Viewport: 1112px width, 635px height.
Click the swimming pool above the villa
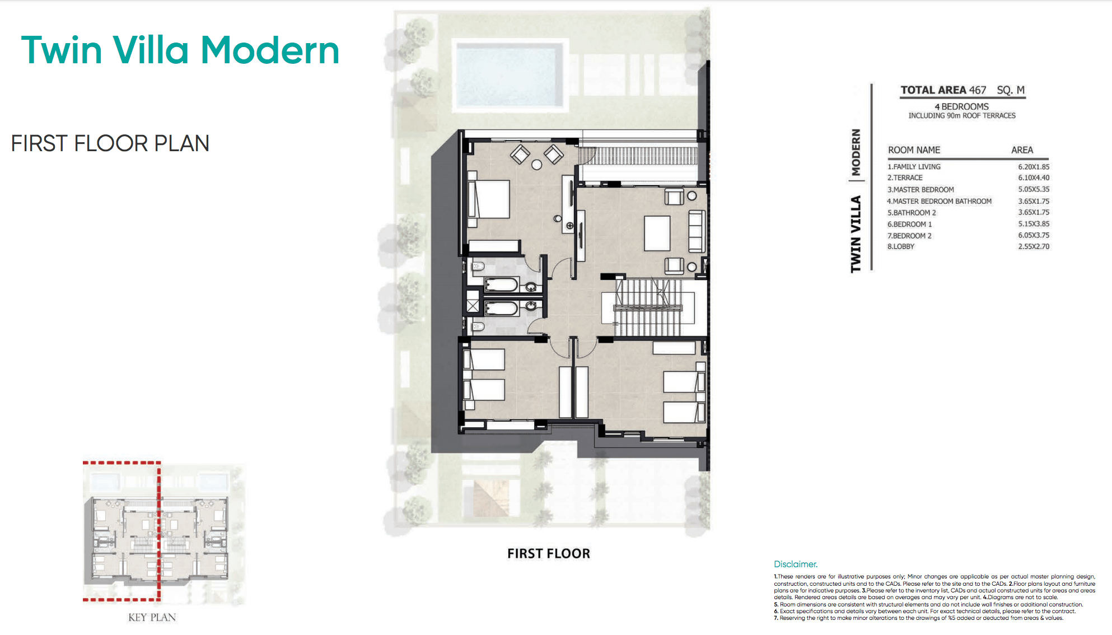(509, 74)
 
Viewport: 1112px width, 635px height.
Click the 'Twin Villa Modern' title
(180, 50)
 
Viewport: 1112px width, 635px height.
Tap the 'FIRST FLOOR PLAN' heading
(110, 143)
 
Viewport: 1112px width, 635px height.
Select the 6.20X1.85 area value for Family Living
(1033, 167)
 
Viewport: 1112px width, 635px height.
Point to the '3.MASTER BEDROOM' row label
(920, 190)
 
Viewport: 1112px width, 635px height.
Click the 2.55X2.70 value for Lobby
(1033, 246)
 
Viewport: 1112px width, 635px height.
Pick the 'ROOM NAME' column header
(914, 150)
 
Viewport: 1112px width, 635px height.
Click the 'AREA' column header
(1022, 150)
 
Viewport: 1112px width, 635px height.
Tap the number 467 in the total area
(978, 90)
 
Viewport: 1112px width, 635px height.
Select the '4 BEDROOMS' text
(961, 106)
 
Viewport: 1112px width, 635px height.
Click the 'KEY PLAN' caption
(152, 617)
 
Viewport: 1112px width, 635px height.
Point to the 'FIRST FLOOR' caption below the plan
(548, 554)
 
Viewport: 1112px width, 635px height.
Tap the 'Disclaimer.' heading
(795, 564)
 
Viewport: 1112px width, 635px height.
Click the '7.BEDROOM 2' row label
(909, 236)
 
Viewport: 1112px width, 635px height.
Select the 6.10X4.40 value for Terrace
(1033, 178)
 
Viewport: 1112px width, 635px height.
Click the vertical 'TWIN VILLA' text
(856, 234)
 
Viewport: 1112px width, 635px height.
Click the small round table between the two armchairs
(536, 165)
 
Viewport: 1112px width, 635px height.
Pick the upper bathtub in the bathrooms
(501, 285)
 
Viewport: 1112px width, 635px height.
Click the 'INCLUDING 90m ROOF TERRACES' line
(961, 116)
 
